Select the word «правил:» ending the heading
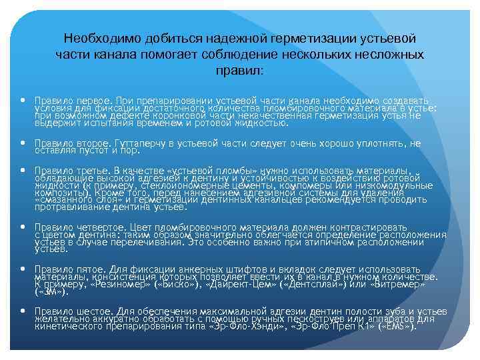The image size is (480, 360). point(240,69)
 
